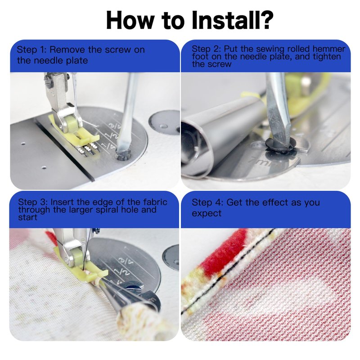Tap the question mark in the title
(267, 20)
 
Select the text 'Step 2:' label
(207, 49)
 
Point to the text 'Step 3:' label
(33, 202)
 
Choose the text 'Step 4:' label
(207, 202)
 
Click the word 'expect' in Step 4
(207, 213)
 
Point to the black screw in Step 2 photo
(281, 145)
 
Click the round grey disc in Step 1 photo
(164, 123)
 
